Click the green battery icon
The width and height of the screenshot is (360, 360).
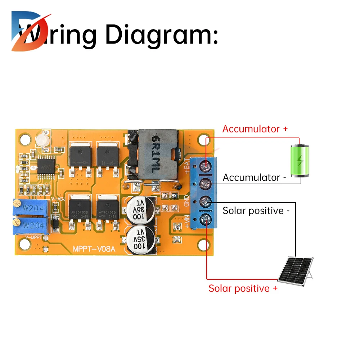[300, 161]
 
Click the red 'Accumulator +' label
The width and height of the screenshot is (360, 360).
[255, 129]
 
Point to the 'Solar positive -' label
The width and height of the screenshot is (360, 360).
[256, 211]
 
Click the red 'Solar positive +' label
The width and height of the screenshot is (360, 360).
[243, 288]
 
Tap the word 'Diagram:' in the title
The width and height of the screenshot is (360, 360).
[162, 35]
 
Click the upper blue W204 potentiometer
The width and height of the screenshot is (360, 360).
[31, 208]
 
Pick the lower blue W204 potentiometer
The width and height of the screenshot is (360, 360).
[31, 225]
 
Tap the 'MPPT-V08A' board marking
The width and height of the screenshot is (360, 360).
[94, 249]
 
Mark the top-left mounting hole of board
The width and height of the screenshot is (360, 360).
[25, 139]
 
